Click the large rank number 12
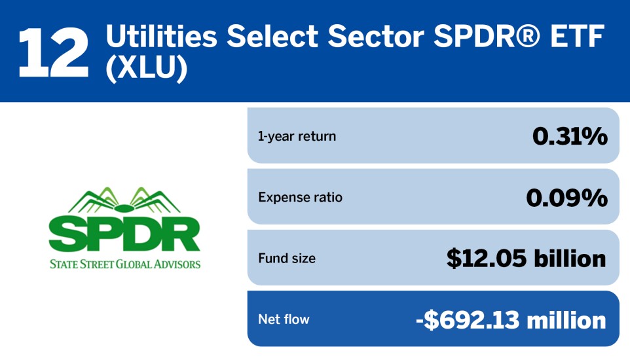[x=53, y=52]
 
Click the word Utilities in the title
[x=162, y=36]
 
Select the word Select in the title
[x=272, y=36]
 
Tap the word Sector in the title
[x=376, y=36]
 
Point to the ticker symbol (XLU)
[x=147, y=68]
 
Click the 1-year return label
[x=297, y=136]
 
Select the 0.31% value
[x=570, y=136]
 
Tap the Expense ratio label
[x=300, y=197]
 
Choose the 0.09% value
[x=566, y=198]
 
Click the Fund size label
[x=287, y=258]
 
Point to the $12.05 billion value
[x=526, y=259]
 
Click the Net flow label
[x=284, y=319]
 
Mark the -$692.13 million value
[x=511, y=320]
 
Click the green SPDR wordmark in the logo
[x=124, y=234]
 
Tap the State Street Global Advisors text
[x=125, y=264]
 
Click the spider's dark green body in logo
[x=124, y=209]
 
